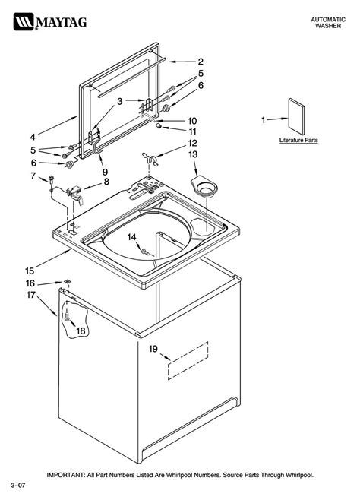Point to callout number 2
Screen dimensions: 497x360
tap(201, 61)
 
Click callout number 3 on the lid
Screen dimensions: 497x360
tap(119, 101)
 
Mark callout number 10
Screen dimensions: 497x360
tap(192, 120)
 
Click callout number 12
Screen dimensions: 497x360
tap(192, 142)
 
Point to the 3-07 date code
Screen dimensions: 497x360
tap(18, 484)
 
